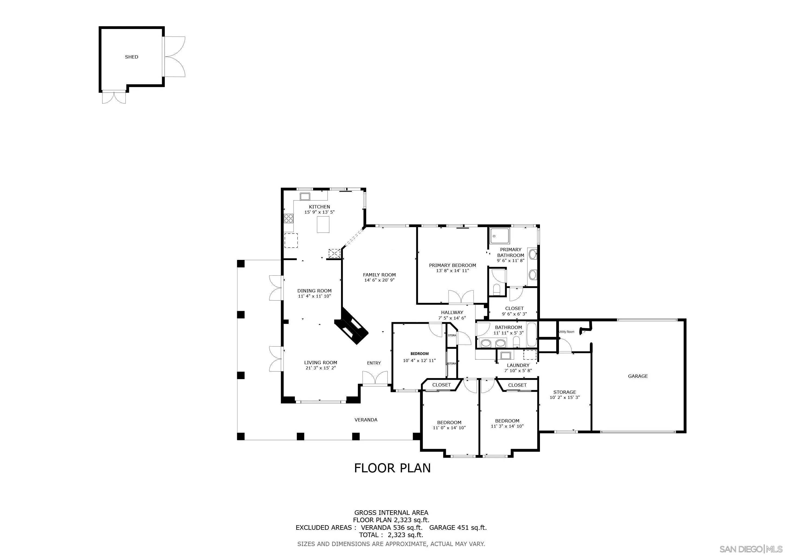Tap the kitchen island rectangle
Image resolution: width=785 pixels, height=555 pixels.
coord(323,225)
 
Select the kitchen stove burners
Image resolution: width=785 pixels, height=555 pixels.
coord(289,218)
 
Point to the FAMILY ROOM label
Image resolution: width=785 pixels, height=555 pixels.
coord(379,275)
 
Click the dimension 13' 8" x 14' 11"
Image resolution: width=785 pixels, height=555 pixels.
coord(452,271)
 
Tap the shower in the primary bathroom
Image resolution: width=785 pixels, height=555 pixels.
coord(500,235)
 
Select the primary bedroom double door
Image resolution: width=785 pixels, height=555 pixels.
coord(461,297)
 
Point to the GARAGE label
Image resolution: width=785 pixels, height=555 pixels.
coord(638,376)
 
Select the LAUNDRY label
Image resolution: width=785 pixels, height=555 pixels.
coord(518,365)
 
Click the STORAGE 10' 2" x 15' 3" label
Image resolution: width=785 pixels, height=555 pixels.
coord(564,395)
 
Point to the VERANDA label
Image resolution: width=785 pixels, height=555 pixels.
coord(366,420)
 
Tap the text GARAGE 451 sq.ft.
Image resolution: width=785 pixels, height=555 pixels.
coord(458,527)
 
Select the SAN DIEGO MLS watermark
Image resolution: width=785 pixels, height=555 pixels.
coord(751,549)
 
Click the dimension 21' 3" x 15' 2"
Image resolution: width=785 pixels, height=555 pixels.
coord(321,368)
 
